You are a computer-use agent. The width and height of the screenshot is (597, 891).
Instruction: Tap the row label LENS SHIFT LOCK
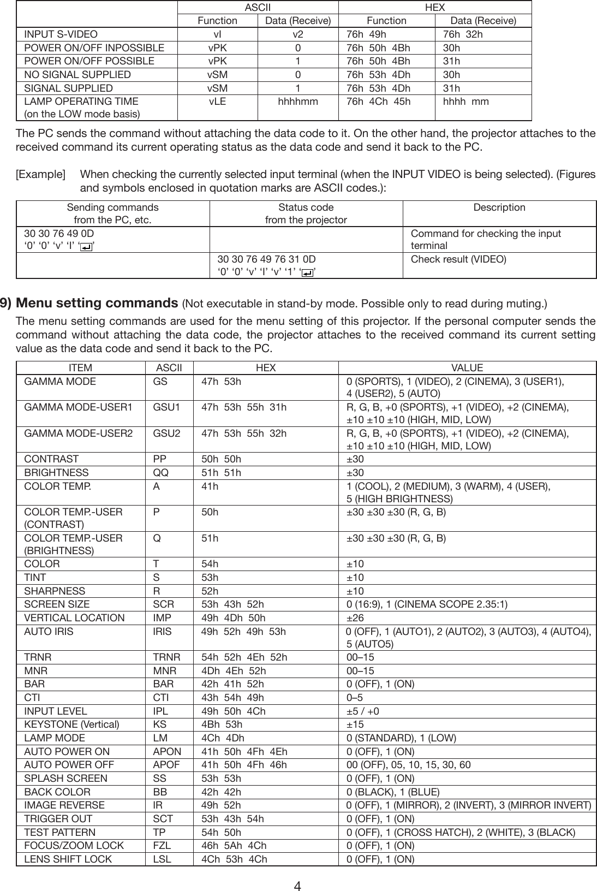tap(68, 859)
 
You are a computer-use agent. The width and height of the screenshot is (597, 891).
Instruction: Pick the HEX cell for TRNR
tap(244, 658)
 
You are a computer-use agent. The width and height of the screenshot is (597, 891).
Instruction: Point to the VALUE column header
tap(467, 368)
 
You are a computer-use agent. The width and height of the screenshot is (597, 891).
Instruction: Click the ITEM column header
tap(80, 368)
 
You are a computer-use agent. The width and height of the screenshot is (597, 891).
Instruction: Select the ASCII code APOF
tap(166, 765)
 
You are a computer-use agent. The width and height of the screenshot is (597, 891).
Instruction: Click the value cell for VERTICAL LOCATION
tap(355, 618)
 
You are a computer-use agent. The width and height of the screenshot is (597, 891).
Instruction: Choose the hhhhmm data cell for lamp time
tap(298, 102)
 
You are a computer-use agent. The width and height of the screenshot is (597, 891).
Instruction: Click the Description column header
tap(499, 207)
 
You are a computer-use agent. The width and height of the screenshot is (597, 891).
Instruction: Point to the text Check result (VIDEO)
tap(458, 259)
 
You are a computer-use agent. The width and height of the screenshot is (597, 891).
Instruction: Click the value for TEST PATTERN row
tap(461, 832)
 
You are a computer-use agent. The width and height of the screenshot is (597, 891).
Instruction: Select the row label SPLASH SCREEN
tap(65, 778)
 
